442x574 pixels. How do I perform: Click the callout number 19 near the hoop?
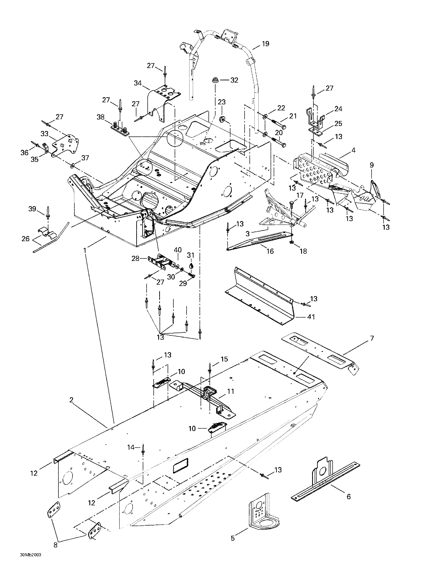point(265,44)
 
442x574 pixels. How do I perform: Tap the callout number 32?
point(234,80)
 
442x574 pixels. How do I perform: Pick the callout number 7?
point(372,338)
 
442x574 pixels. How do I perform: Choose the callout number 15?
point(224,359)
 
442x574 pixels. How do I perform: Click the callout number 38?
point(100,117)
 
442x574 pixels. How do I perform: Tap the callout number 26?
point(26,239)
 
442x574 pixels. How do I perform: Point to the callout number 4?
point(353,150)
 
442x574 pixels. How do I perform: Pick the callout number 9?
point(372,165)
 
